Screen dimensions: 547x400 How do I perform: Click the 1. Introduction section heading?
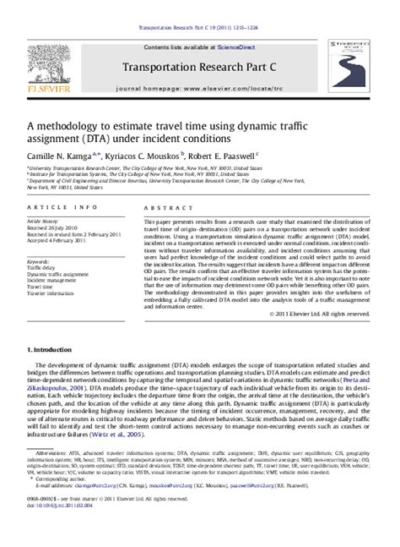point(50,348)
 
